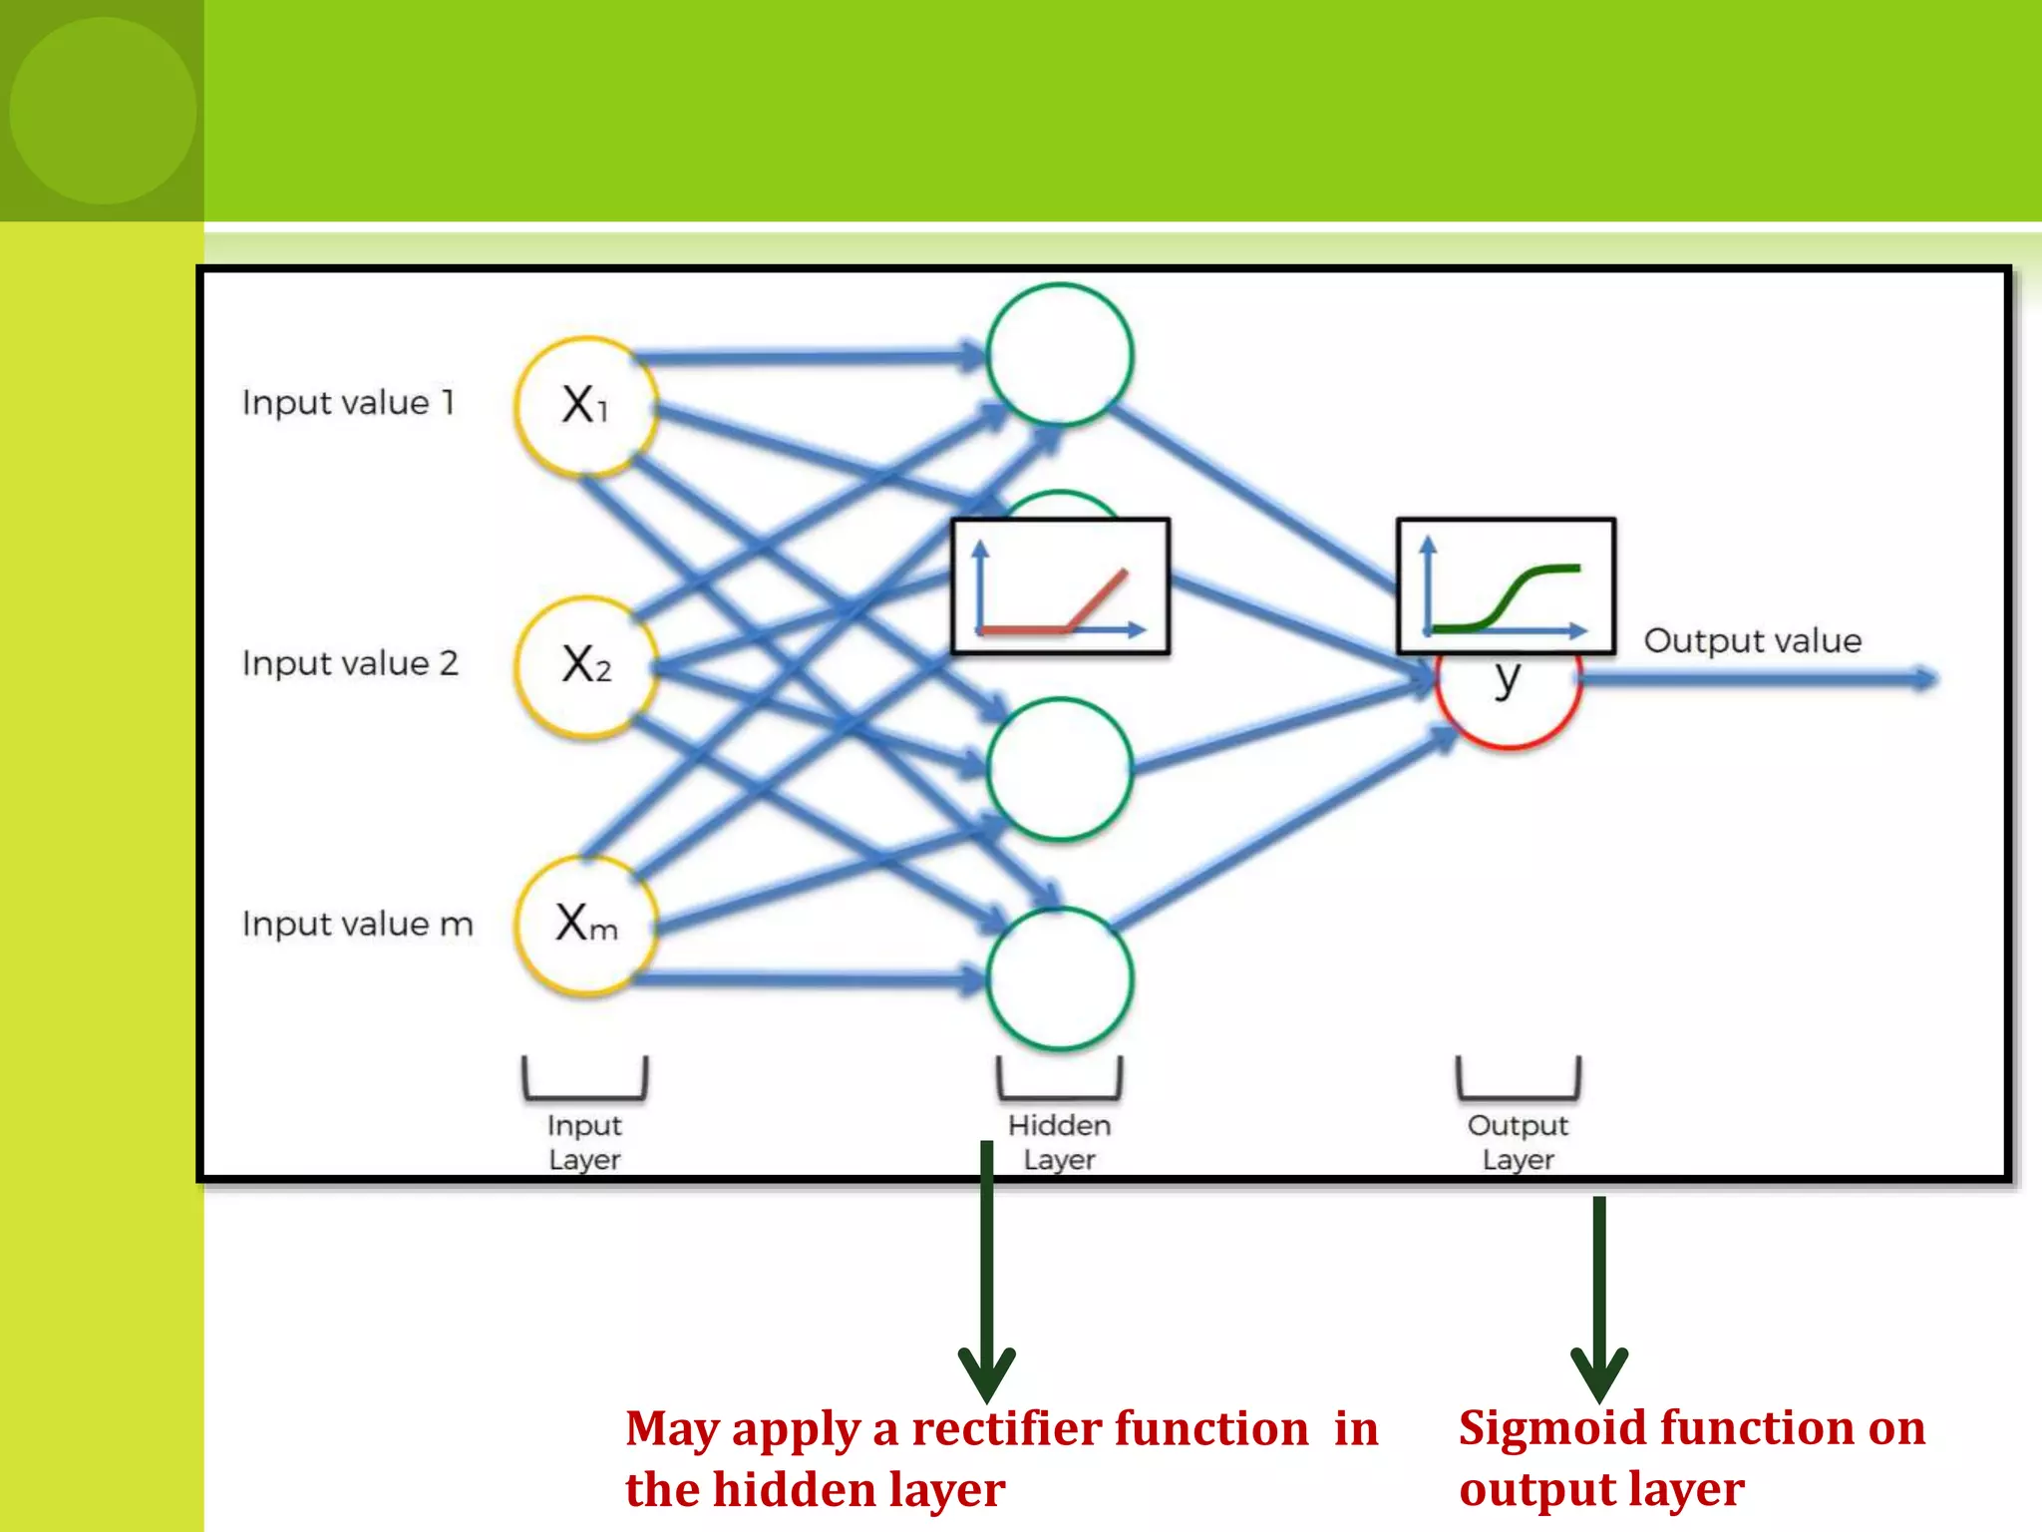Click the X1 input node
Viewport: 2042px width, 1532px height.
click(x=585, y=406)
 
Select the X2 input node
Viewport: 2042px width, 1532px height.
click(x=585, y=666)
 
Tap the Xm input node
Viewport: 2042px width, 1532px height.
click(x=585, y=925)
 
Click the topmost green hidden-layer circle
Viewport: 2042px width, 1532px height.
click(x=1059, y=355)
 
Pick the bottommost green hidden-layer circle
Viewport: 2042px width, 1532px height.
click(x=1059, y=978)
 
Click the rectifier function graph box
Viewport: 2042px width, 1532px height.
click(x=1060, y=586)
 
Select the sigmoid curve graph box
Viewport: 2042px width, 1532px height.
click(x=1505, y=586)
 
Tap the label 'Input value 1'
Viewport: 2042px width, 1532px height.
click(x=348, y=403)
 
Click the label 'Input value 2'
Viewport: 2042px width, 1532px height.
click(x=350, y=663)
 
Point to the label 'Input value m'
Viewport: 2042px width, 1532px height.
click(x=357, y=925)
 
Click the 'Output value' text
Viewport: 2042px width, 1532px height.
click(x=1752, y=640)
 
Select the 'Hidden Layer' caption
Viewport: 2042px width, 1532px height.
click(x=1059, y=1142)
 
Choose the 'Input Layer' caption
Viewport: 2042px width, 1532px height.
click(x=584, y=1142)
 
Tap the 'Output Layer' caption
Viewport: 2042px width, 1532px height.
click(x=1518, y=1142)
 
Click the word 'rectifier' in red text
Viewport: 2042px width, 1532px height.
click(x=1110, y=1428)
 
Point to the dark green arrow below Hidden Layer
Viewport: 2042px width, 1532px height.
click(x=986, y=1277)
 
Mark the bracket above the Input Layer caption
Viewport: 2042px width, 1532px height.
click(x=584, y=1081)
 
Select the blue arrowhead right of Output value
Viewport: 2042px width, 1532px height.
click(x=1924, y=679)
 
